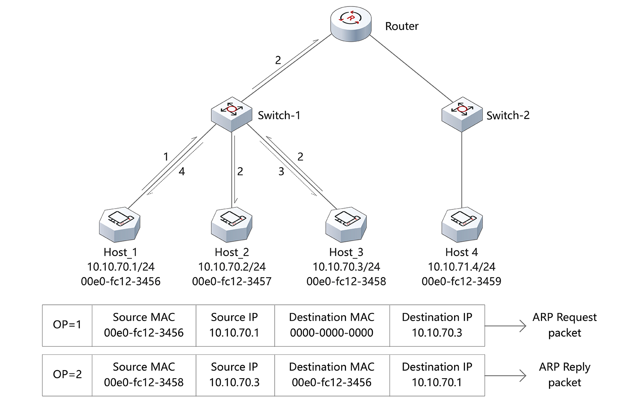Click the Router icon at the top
[351, 24]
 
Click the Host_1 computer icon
[120, 224]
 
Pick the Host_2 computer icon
[232, 224]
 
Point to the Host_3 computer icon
[346, 224]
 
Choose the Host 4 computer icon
[462, 224]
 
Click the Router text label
[401, 26]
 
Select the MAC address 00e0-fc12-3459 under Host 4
[461, 281]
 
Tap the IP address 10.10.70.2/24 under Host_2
[232, 267]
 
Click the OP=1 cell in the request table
[67, 325]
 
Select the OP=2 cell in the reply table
[67, 375]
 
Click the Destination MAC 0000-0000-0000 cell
[332, 325]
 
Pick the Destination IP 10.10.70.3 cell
[437, 325]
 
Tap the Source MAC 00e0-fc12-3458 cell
[144, 375]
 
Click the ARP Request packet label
[564, 325]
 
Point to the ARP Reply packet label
[564, 375]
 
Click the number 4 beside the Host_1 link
[182, 172]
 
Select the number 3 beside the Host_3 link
[281, 172]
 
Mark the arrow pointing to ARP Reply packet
[505, 376]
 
